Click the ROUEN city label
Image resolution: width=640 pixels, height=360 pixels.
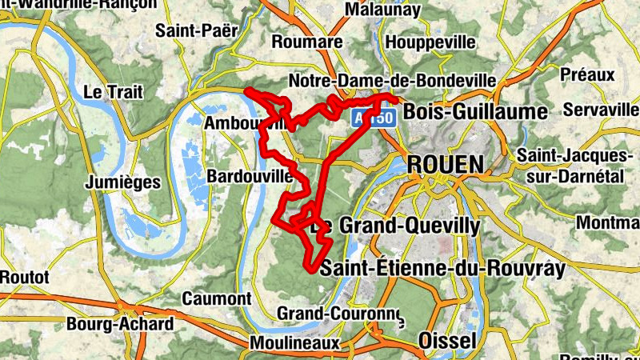point(446,166)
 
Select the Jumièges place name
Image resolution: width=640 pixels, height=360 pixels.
point(122,182)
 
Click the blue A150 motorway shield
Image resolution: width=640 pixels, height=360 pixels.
point(372,118)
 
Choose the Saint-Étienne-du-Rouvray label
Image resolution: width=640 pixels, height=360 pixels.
point(442,269)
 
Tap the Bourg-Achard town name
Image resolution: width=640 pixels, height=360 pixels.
point(131,324)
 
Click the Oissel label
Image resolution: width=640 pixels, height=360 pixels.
point(447,342)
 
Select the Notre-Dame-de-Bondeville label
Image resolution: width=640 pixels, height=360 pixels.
point(392,82)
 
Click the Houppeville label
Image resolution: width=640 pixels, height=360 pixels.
point(430,42)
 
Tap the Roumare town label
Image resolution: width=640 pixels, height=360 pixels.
point(307,42)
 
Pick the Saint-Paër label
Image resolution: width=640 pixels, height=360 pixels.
point(197,31)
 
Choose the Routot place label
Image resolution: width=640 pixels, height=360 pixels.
point(25,277)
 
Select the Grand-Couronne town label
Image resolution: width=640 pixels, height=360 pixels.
point(338,313)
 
